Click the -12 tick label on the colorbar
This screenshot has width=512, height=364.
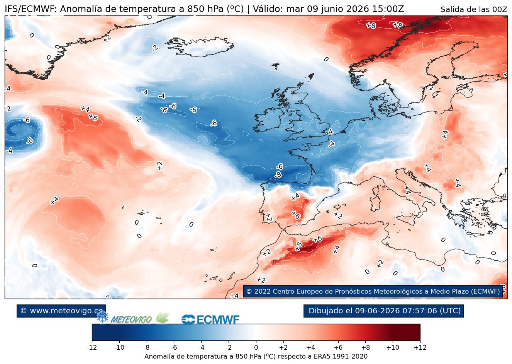tap(92, 347)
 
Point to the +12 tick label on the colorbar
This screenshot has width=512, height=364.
tap(420, 347)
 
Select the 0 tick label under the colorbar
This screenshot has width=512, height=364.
tap(256, 347)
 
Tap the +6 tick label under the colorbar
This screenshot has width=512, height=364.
tap(338, 347)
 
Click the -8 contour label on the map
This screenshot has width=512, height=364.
tap(278, 175)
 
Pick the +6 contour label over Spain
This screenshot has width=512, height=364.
tap(296, 215)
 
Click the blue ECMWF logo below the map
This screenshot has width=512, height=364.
tap(210, 320)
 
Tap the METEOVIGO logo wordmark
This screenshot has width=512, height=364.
tap(131, 320)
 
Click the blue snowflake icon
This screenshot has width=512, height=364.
tap(102, 316)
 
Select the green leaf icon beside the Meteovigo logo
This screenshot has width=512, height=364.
tap(163, 318)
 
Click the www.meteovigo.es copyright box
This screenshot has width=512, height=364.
tap(61, 311)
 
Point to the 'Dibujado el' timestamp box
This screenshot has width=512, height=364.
tap(383, 311)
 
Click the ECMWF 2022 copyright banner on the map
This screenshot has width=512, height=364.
tap(373, 291)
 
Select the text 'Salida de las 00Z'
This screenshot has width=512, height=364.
tap(474, 9)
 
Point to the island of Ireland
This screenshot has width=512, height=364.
tap(269, 120)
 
